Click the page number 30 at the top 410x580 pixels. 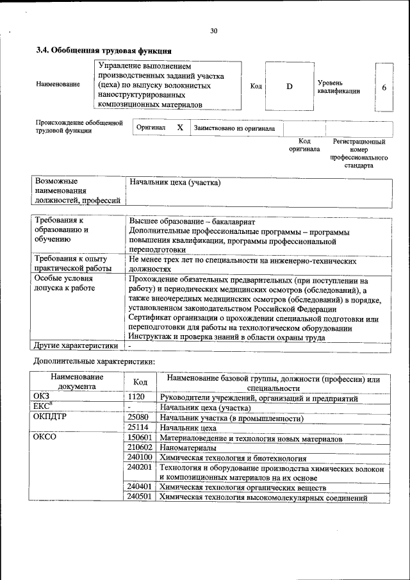[x=214, y=30]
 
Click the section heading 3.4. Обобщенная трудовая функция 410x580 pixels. [x=103, y=51]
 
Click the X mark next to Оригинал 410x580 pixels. [x=180, y=128]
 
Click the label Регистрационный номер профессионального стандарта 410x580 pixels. [x=359, y=153]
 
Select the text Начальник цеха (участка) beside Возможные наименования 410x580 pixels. [x=175, y=183]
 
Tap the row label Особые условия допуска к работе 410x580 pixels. [x=65, y=283]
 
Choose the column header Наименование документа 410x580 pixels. [x=77, y=382]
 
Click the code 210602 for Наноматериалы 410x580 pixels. [x=139, y=448]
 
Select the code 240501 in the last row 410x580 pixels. [x=139, y=498]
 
